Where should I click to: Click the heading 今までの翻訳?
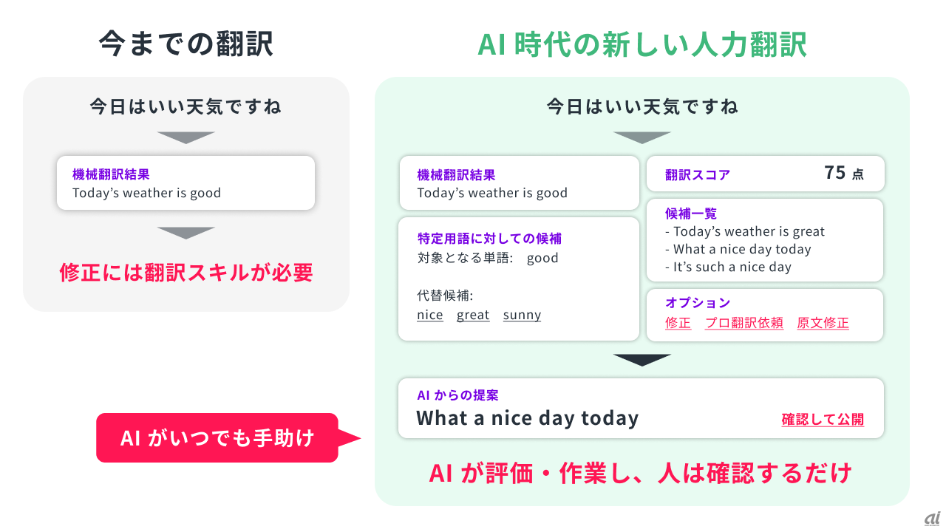[186, 44]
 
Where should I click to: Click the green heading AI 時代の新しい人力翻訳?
[642, 44]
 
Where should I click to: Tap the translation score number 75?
[834, 173]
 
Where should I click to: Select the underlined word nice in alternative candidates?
[430, 315]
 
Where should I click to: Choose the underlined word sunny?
[522, 316]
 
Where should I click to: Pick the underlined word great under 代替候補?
[473, 316]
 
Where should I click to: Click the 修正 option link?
[678, 323]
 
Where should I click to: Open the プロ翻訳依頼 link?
[744, 323]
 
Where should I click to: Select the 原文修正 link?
[823, 323]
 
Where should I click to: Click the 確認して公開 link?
[823, 419]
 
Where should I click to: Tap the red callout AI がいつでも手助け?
[217, 437]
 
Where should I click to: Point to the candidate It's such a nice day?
[728, 267]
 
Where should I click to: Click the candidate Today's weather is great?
[744, 231]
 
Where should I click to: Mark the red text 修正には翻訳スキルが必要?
[186, 273]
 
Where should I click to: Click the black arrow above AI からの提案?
[642, 360]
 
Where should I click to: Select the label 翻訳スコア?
[697, 175]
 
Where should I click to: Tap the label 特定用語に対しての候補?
[489, 239]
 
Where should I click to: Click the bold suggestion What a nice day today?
[528, 418]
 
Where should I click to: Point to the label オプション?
[698, 302]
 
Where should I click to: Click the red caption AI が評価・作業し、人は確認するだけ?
[640, 473]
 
